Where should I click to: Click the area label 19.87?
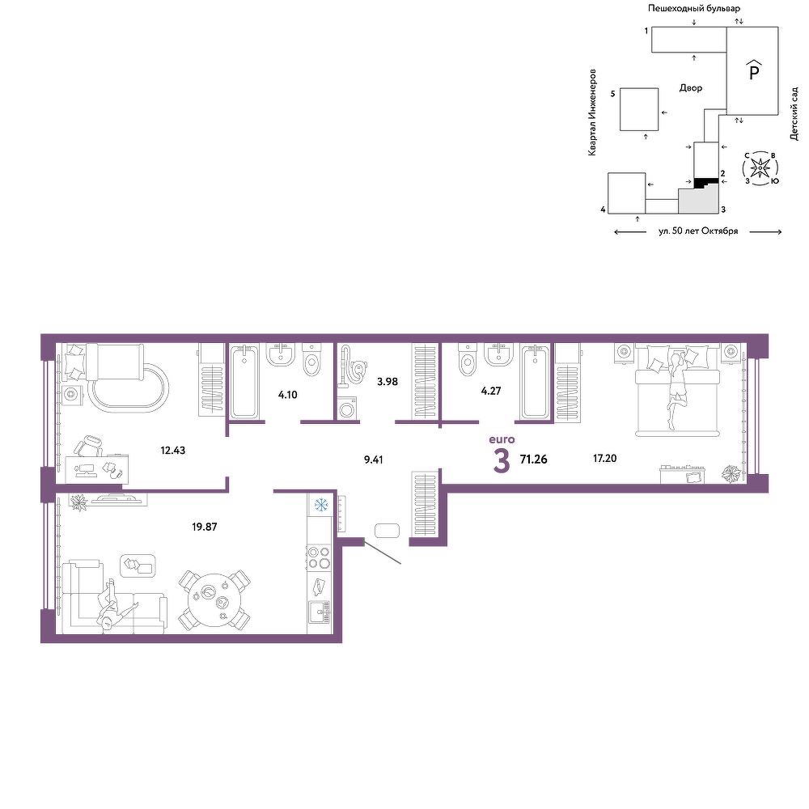tap(205, 527)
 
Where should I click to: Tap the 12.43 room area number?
tap(173, 451)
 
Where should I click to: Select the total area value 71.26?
tap(533, 460)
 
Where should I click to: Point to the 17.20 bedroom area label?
tap(604, 458)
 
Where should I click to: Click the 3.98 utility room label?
tap(388, 382)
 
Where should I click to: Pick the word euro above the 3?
tap(502, 439)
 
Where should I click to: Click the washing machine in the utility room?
tap(348, 406)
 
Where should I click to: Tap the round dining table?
tap(214, 600)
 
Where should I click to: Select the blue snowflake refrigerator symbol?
tap(321, 505)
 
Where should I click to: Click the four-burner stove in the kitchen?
tap(319, 557)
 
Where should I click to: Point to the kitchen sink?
tap(320, 613)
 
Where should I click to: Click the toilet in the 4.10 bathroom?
tap(311, 360)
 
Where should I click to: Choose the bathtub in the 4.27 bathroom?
tap(536, 382)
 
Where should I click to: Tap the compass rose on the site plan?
tap(760, 168)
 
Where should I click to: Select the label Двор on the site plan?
tap(691, 87)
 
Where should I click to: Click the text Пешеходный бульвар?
tap(694, 8)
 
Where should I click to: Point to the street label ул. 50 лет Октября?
tap(698, 231)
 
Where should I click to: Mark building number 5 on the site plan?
tap(639, 109)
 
